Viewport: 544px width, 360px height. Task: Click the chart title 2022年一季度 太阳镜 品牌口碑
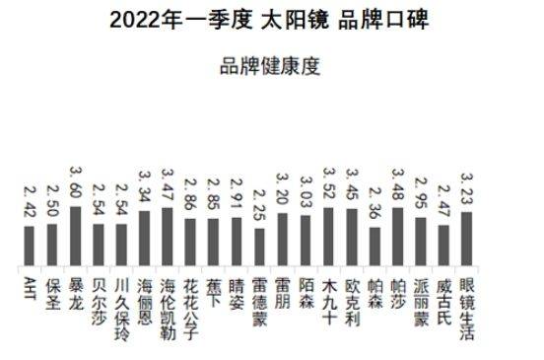pyautogui.click(x=270, y=19)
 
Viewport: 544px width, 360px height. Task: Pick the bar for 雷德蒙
pyautogui.click(x=259, y=246)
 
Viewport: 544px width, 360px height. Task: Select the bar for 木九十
pyautogui.click(x=329, y=236)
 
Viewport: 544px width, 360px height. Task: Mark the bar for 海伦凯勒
pyautogui.click(x=167, y=236)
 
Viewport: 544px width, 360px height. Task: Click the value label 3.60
pyautogui.click(x=75, y=183)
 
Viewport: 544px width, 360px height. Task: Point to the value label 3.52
pyautogui.click(x=329, y=184)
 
